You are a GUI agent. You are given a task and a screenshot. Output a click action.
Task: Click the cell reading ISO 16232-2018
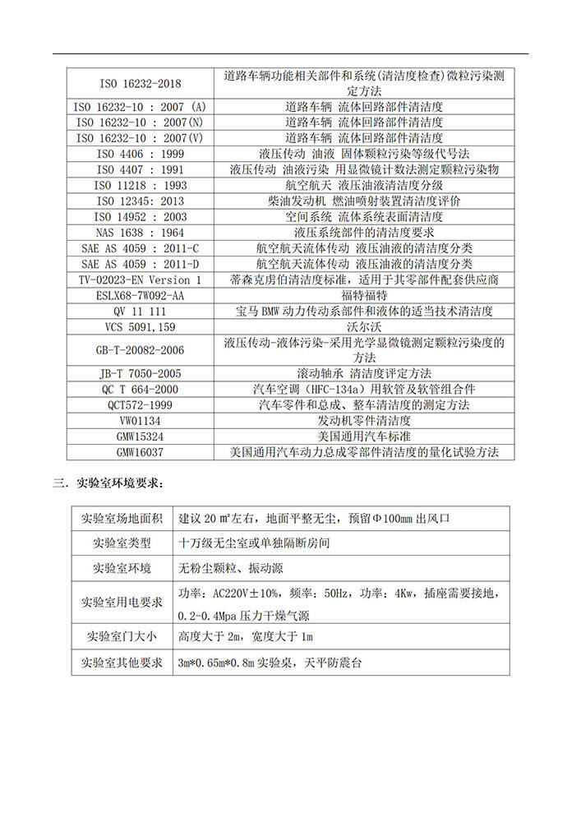coord(140,83)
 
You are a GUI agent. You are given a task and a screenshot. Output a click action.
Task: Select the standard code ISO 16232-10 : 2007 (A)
coord(140,107)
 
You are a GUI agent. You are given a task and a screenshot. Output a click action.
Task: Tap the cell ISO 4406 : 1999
coord(140,154)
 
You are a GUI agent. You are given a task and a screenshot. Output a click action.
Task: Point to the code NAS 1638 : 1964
coord(140,233)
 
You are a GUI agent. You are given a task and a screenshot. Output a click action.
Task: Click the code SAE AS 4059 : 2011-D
coord(140,264)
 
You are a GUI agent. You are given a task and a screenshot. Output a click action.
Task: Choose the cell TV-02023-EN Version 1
coord(140,279)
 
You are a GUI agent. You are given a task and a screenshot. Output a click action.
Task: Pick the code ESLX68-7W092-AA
coord(140,295)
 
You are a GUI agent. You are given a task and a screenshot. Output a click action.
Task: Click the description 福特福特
coord(364,295)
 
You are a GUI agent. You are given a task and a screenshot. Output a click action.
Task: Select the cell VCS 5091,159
coord(140,326)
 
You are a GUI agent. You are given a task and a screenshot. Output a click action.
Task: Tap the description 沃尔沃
coord(364,326)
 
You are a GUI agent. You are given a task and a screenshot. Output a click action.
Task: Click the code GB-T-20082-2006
coord(140,349)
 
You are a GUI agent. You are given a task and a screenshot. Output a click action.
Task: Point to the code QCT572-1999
coord(140,405)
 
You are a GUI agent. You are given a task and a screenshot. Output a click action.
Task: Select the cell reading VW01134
coord(140,421)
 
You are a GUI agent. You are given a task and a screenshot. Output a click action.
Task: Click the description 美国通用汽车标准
coord(364,436)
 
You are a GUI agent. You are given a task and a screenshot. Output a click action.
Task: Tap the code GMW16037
coord(140,452)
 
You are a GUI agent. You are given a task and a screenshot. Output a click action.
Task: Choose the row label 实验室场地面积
coord(122,520)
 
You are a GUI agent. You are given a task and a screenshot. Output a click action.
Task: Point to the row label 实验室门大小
coord(122,637)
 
